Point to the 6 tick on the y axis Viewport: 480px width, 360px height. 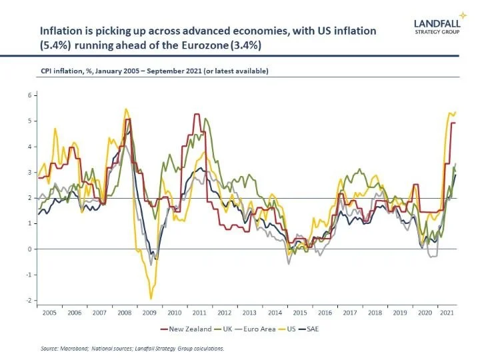click(29, 95)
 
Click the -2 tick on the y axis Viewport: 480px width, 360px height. click(28, 300)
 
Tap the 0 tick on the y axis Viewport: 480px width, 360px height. click(29, 249)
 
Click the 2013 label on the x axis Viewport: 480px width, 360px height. click(249, 312)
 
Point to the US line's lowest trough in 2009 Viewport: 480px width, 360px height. click(151, 298)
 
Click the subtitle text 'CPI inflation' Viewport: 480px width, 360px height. click(57, 71)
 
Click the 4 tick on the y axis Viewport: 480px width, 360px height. click(29, 147)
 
